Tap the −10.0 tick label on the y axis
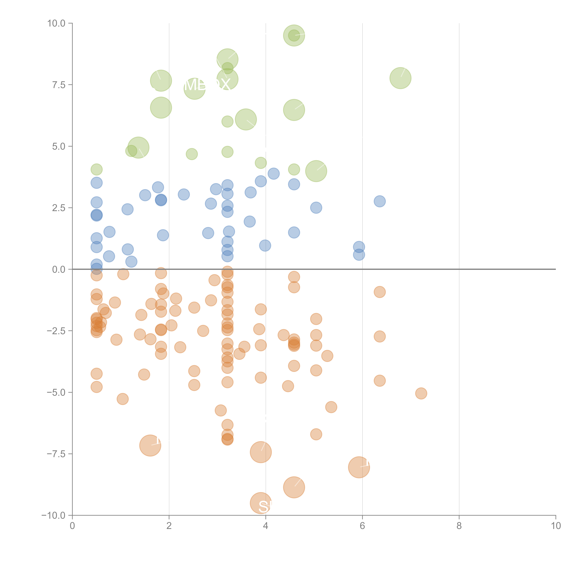53,515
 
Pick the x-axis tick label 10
555,526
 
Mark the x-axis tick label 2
169,526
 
